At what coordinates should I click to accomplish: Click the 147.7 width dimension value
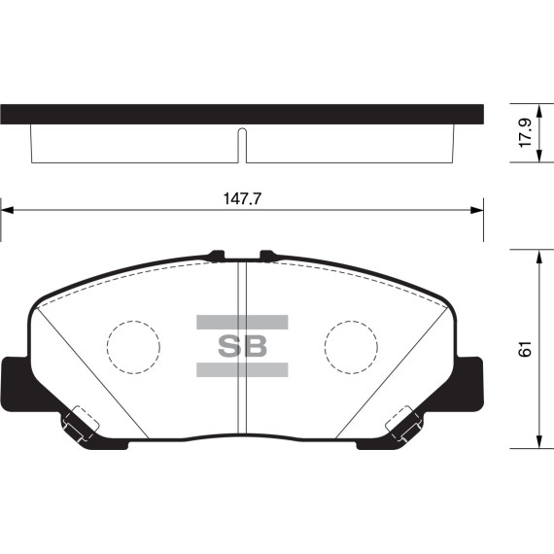242,197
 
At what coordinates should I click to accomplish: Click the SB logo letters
242,345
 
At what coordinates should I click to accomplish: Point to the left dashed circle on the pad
132,345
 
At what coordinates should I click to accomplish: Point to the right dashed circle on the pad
352,345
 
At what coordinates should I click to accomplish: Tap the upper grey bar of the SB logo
242,322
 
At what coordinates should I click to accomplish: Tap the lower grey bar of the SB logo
242,369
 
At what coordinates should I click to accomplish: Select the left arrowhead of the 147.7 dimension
6,208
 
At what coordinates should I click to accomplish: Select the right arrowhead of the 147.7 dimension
477,208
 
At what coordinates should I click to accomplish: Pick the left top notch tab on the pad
217,257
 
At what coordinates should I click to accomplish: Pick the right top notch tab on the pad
268,257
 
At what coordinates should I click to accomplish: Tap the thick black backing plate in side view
242,113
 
